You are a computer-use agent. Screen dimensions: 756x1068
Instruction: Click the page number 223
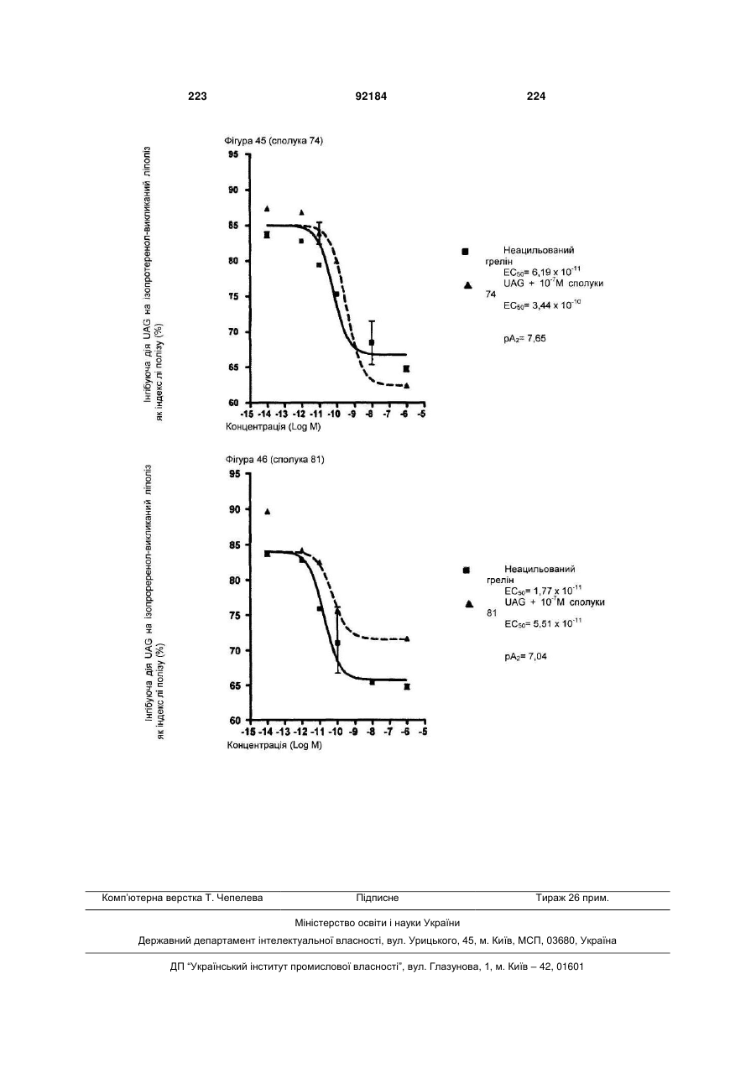click(x=197, y=96)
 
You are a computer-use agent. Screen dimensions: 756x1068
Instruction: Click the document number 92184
click(x=371, y=96)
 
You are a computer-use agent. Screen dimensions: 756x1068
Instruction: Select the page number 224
click(x=536, y=96)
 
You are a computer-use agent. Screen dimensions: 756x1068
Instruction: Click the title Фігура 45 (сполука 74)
click(x=274, y=141)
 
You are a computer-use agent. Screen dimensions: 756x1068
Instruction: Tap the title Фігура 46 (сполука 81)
click(x=274, y=460)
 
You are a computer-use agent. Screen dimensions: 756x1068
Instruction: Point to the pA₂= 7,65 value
click(x=524, y=339)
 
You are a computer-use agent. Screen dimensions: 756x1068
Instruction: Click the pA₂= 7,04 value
click(x=525, y=657)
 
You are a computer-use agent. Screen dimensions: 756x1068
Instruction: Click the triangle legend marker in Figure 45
click(x=468, y=285)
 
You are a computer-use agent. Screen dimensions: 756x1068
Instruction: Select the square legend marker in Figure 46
click(x=467, y=570)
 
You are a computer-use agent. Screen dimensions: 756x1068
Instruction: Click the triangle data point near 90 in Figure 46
click(x=268, y=512)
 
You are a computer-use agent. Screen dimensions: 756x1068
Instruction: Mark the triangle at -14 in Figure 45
click(x=267, y=208)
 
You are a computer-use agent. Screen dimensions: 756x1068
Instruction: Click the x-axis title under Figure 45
click(x=274, y=427)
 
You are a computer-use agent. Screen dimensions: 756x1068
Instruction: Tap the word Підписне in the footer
click(x=378, y=898)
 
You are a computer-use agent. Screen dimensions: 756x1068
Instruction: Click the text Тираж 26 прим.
click(x=572, y=898)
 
